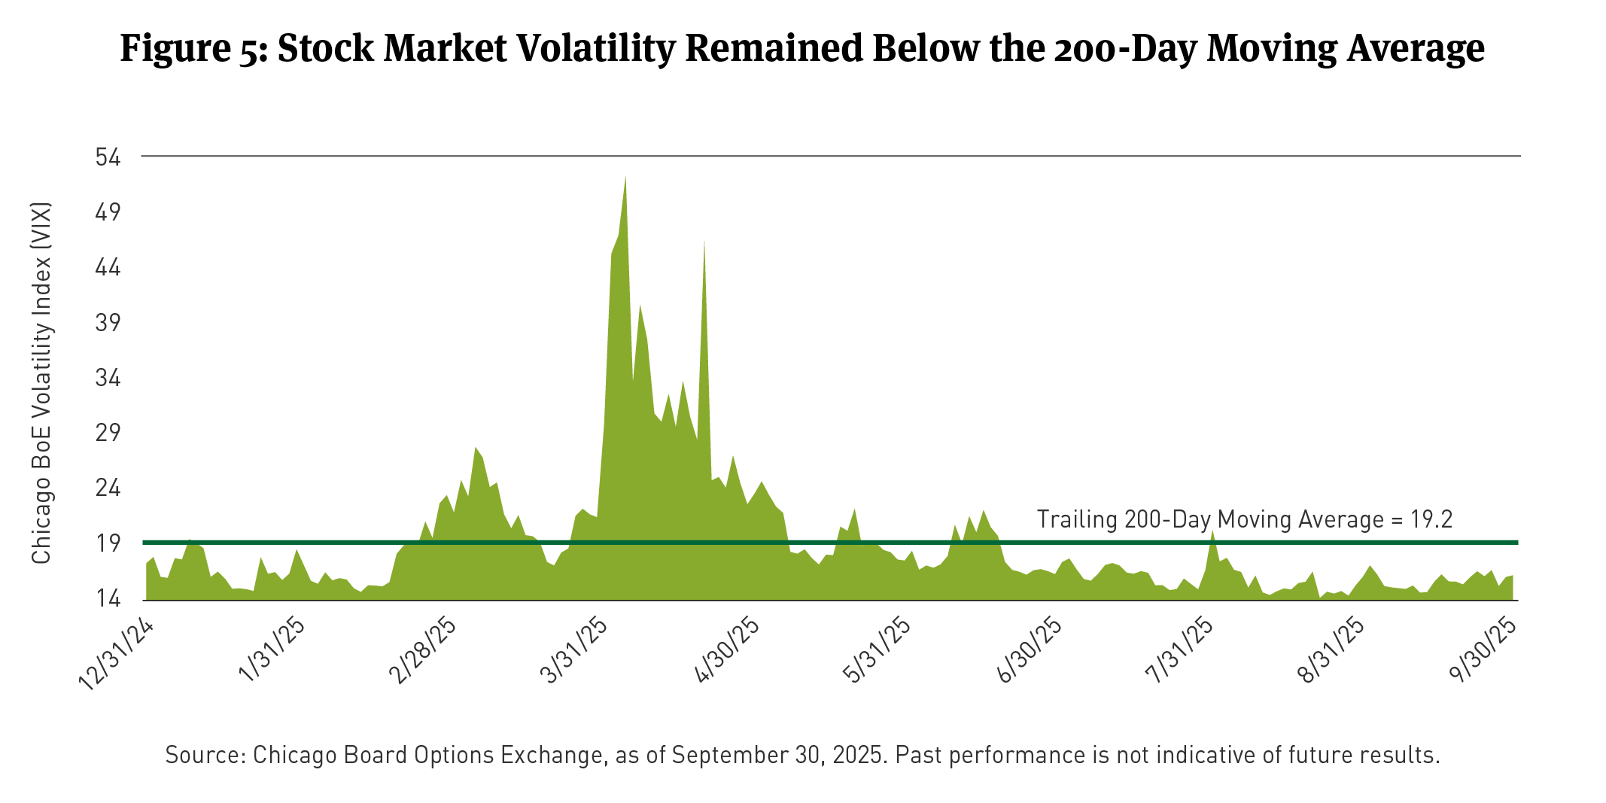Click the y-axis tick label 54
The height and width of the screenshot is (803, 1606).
coord(108,157)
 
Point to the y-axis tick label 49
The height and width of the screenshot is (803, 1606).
coord(108,213)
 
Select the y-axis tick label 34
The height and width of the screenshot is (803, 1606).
coord(108,378)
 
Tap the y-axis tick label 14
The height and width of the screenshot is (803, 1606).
coord(108,599)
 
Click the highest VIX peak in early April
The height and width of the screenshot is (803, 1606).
coord(625,178)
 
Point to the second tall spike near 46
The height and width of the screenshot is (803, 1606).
coord(704,242)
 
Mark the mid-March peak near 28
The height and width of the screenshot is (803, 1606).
coord(476,449)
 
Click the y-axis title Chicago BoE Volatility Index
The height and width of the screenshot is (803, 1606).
coord(41,382)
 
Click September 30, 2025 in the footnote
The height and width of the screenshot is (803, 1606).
coord(777,754)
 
